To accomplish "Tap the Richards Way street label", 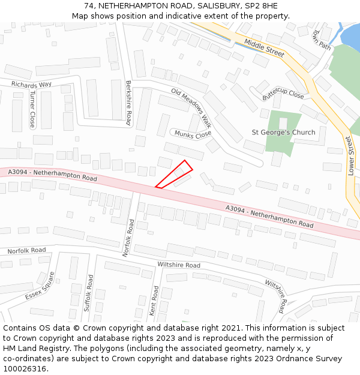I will [32, 85].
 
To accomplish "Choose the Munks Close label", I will [193, 134].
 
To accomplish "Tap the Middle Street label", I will [264, 48].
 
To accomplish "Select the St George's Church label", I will [283, 133].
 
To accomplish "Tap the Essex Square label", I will [40, 286].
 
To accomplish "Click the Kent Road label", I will [154, 301].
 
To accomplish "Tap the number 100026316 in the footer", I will [25, 369].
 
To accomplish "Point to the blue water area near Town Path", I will [350, 36].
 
